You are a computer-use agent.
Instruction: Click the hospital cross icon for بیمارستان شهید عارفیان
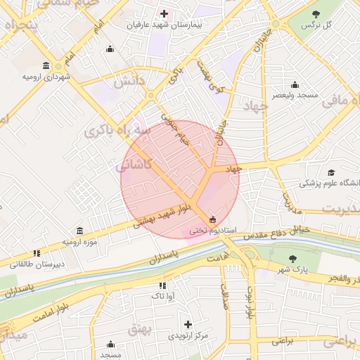click(165, 13)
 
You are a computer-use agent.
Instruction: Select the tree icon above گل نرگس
click(316, 13)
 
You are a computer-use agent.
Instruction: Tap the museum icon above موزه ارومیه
click(79, 231)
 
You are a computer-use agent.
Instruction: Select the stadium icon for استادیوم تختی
click(213, 219)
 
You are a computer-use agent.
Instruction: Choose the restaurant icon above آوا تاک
click(162, 285)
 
